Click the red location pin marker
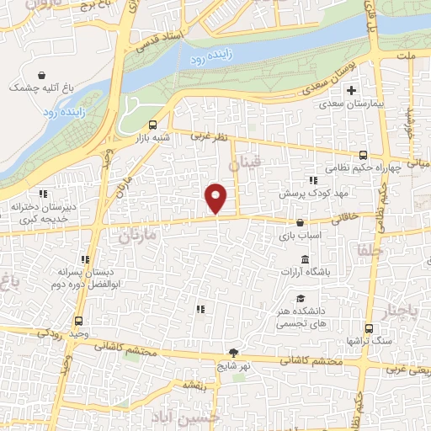pyautogui.click(x=217, y=197)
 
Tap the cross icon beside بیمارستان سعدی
pyautogui.click(x=353, y=91)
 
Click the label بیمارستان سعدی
pyautogui.click(x=353, y=108)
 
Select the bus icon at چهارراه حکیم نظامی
pyautogui.click(x=364, y=154)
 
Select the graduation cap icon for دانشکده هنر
pyautogui.click(x=301, y=298)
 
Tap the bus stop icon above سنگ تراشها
pyautogui.click(x=369, y=329)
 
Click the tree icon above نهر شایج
pyautogui.click(x=233, y=353)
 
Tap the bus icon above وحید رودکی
pyautogui.click(x=79, y=321)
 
